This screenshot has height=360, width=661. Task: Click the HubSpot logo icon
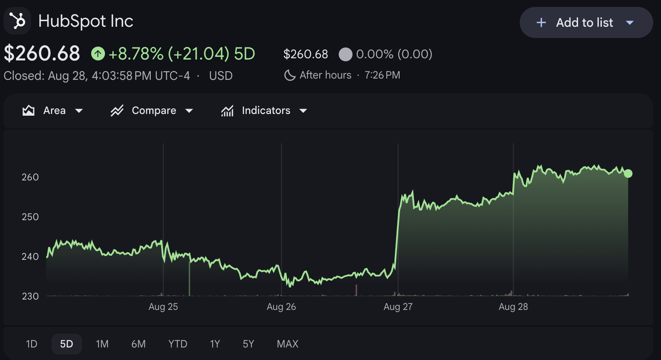point(17,21)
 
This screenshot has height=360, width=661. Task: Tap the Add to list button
point(586,23)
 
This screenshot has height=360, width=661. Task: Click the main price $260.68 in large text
point(42,54)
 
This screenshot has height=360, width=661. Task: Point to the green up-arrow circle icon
point(98,54)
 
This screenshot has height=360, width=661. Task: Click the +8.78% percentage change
point(136,54)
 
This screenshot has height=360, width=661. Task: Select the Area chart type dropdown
point(53,111)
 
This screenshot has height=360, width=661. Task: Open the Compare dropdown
point(152,111)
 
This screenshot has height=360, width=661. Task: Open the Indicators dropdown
point(264,111)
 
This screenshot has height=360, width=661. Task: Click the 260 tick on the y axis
point(30,177)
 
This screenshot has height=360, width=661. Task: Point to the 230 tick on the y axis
point(30,296)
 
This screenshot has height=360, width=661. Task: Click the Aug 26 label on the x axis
point(281,307)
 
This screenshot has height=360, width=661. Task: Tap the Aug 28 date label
point(513,307)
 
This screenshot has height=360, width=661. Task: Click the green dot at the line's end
point(628,174)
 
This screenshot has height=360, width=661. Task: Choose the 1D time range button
point(32,344)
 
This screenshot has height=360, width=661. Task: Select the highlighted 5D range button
point(66,344)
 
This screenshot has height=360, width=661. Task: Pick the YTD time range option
point(178,344)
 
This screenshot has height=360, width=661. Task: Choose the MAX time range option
point(287,344)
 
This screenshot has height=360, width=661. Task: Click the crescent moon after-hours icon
point(290,75)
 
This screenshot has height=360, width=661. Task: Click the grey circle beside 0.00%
point(346,54)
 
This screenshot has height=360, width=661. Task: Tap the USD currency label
point(221,76)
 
